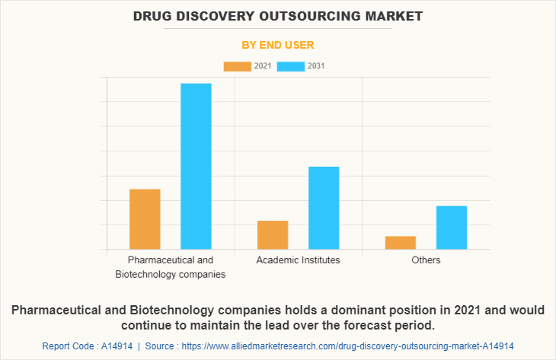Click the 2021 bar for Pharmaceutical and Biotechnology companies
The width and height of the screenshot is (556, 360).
(x=145, y=219)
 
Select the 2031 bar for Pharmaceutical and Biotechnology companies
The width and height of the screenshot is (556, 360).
(x=196, y=166)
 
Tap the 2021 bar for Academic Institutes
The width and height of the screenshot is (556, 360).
(x=273, y=235)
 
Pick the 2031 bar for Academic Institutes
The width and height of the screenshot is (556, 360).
(x=324, y=208)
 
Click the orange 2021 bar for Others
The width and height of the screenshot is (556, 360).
(x=401, y=243)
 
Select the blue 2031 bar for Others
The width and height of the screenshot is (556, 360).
(x=452, y=228)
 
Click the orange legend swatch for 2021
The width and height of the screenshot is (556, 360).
(x=237, y=66)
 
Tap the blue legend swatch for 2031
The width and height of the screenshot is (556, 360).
(x=291, y=66)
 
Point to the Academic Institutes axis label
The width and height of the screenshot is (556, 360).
(x=299, y=260)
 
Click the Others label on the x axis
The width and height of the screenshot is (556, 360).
(x=426, y=260)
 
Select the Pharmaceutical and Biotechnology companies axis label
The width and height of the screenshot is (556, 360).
(x=171, y=267)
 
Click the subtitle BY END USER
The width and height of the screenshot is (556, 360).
(x=278, y=45)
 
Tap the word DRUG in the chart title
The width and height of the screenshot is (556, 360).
(x=154, y=15)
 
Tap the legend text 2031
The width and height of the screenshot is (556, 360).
(x=316, y=66)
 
